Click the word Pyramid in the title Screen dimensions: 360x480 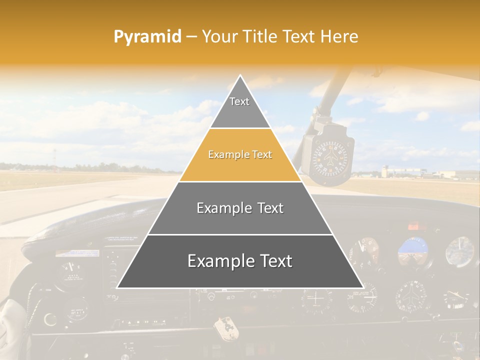point(147,37)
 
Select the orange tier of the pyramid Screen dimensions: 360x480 point(240,155)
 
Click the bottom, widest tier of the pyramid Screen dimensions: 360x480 point(240,261)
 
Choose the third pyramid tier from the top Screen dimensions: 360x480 point(240,208)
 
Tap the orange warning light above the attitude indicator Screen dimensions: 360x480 point(413,226)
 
